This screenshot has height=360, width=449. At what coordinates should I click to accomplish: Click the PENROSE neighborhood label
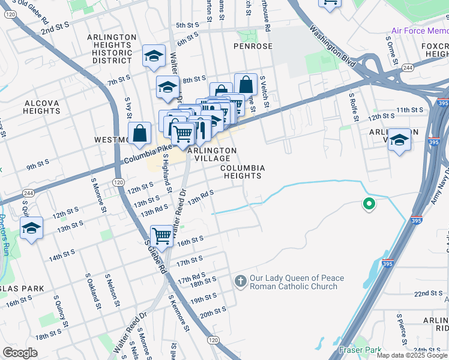click(253, 46)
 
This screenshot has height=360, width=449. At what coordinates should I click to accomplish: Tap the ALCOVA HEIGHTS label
click(42, 107)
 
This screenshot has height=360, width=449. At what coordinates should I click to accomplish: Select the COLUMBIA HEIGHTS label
click(243, 172)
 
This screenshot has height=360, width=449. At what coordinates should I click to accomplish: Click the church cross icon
click(240, 281)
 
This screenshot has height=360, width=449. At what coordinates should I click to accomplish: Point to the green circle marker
click(369, 205)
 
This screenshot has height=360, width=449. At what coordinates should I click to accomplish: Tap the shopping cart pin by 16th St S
click(162, 235)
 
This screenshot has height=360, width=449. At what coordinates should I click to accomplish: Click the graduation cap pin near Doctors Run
click(31, 229)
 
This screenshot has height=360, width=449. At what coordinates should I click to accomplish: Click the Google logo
click(20, 353)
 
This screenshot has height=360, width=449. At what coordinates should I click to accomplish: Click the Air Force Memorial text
click(420, 31)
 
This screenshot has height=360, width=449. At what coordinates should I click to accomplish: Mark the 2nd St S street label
click(55, 29)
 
